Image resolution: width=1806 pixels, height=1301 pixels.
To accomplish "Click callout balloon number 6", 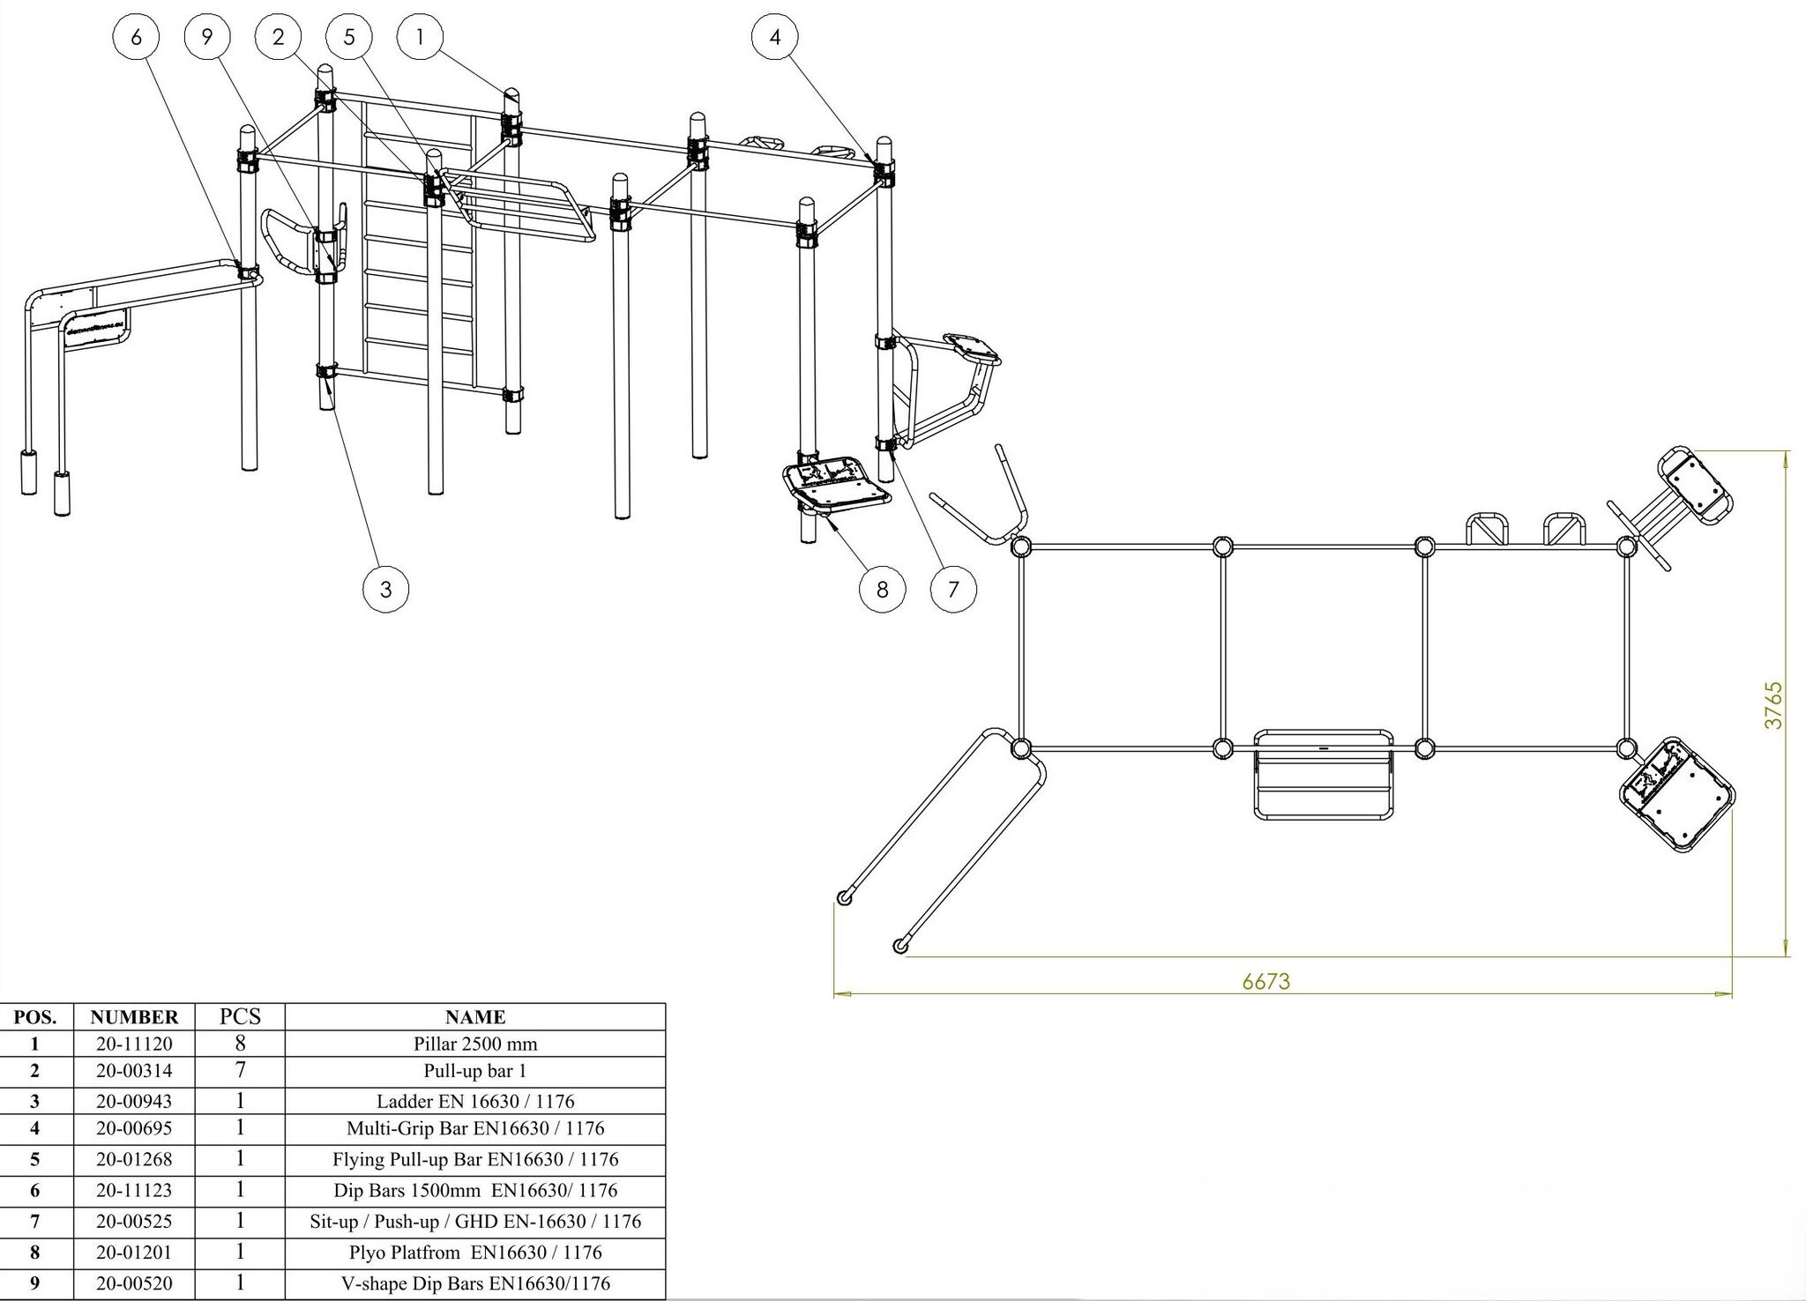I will tap(136, 37).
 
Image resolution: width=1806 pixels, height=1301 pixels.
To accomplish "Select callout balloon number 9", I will tap(207, 37).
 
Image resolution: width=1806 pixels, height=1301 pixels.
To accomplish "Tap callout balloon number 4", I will tap(775, 37).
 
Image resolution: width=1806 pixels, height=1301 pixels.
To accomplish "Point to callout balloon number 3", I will tap(385, 589).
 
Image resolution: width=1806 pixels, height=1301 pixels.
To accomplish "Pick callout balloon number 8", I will tap(883, 589).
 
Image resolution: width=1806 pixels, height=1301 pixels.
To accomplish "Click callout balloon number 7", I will tap(953, 589).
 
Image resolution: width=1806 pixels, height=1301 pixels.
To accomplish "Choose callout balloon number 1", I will tap(420, 37).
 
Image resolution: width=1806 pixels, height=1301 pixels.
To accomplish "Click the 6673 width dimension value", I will tap(1265, 981).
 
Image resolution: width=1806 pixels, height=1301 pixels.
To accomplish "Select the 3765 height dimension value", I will tap(1773, 705).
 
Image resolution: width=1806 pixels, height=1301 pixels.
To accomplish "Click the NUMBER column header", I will tap(134, 1017).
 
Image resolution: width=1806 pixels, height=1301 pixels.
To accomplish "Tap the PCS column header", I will tap(240, 1016).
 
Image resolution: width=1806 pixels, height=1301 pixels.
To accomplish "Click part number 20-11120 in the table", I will tap(134, 1044).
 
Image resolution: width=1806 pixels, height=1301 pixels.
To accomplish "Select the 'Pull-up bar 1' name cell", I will tap(474, 1071).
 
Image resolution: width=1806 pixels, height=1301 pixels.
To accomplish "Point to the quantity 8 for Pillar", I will tap(240, 1044).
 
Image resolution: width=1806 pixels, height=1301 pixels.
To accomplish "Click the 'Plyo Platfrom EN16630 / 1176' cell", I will tap(474, 1252).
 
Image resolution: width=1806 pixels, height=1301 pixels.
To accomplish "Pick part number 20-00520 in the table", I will tap(134, 1283).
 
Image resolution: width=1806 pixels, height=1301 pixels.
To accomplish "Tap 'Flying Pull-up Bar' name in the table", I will tap(474, 1159).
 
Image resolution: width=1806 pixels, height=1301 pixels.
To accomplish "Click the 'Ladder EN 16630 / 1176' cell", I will tap(474, 1101).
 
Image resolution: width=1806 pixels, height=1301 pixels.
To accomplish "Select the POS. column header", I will tap(35, 1017).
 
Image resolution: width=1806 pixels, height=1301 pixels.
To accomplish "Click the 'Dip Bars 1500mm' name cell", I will tap(474, 1190).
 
